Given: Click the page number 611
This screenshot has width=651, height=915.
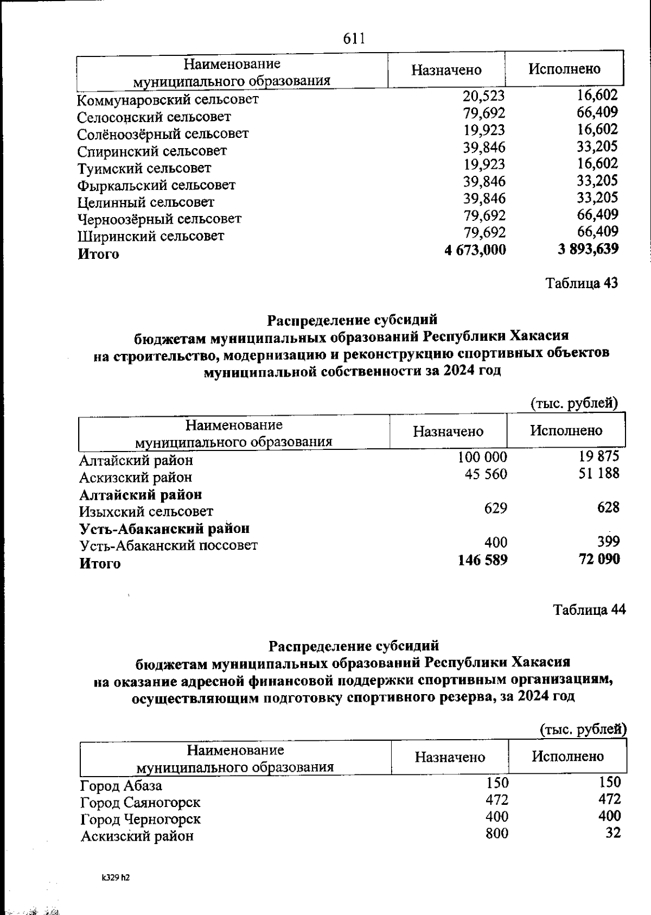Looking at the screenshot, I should [354, 39].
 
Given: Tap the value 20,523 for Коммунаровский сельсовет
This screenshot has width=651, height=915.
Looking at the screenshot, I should [484, 96].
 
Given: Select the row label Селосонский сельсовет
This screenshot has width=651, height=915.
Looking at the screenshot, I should [154, 117].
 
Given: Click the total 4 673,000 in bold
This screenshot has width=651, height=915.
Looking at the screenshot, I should [475, 250].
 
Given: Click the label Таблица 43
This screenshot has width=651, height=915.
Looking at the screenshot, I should [582, 283].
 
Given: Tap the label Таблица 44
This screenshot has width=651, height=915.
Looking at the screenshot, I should [589, 609].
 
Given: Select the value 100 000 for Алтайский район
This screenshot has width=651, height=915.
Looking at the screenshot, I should [483, 457].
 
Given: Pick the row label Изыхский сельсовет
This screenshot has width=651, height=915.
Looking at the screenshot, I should [146, 511].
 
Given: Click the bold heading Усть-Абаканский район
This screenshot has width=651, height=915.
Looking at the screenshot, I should [164, 528].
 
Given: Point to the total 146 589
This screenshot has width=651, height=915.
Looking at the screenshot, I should [483, 560].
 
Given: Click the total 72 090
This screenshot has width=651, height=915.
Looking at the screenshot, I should [599, 559].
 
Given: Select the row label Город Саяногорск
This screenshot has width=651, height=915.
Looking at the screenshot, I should [141, 802].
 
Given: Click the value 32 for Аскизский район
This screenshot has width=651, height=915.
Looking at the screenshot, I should [613, 833].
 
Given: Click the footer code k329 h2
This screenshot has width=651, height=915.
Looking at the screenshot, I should [116, 876].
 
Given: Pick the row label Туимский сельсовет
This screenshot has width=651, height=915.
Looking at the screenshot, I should [144, 168].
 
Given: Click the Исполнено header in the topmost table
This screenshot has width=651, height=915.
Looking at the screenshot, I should [565, 69].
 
